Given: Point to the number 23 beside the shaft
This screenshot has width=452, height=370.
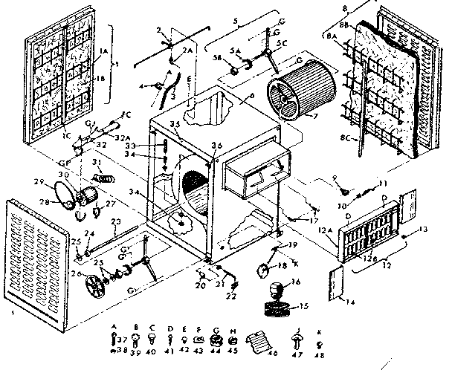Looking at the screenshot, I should [x=115, y=221].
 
